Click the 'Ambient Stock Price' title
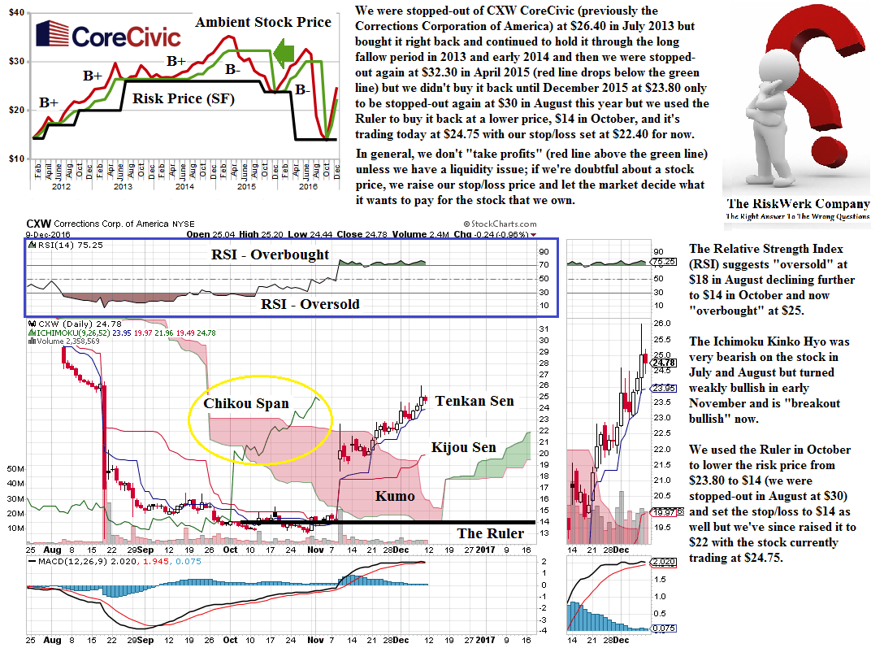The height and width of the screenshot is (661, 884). [263, 22]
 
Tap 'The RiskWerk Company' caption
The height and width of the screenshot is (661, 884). [798, 204]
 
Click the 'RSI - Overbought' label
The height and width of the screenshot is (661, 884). [270, 254]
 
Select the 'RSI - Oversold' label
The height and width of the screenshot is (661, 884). [310, 304]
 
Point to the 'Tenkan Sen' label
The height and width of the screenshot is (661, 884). [474, 401]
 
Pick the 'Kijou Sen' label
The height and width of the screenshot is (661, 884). [464, 447]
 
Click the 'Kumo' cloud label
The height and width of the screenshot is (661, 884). [395, 495]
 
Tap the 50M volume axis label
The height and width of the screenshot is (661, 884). [13, 469]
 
